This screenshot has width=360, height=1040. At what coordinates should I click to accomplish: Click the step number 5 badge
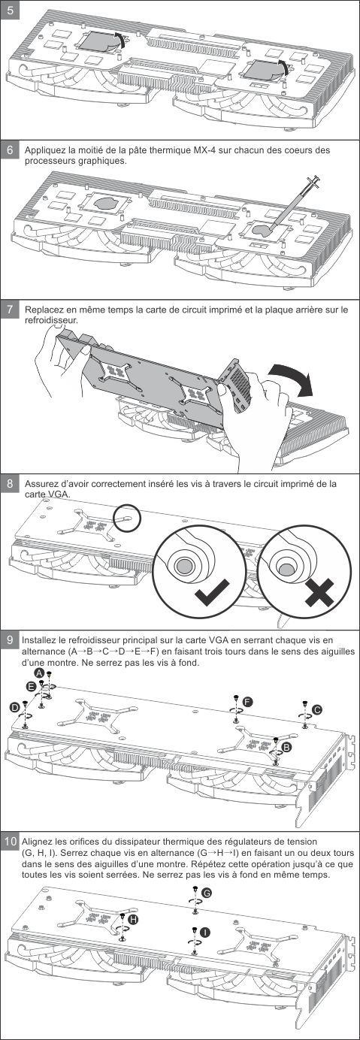tap(10, 10)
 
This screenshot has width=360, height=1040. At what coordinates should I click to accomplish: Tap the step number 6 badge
tap(10, 150)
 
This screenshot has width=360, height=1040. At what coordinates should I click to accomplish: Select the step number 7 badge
tap(10, 309)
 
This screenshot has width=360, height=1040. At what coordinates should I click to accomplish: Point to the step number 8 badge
tap(10, 484)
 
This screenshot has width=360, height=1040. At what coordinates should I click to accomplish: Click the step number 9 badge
tap(10, 639)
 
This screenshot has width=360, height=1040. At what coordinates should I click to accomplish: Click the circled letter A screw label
tap(39, 673)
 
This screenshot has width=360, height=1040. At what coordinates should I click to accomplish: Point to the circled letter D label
tap(15, 707)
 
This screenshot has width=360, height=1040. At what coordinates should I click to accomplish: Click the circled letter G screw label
tap(207, 893)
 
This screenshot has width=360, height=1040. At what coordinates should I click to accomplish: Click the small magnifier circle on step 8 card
tap(127, 516)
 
